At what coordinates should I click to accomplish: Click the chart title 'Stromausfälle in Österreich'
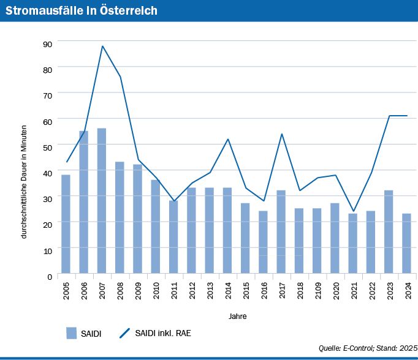(x=81, y=11)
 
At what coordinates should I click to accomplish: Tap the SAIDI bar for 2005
(x=66, y=224)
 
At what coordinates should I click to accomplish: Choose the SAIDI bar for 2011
(x=173, y=237)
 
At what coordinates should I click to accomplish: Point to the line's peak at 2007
(x=102, y=46)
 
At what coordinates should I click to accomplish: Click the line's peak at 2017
(x=281, y=134)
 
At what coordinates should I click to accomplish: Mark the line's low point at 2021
(x=353, y=211)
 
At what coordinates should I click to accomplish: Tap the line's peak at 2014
(x=227, y=139)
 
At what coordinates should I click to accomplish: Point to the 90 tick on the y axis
(x=47, y=43)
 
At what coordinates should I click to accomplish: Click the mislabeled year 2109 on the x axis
(x=317, y=290)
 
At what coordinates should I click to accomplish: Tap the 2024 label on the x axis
(x=407, y=290)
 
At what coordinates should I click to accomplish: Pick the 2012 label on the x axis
(x=192, y=290)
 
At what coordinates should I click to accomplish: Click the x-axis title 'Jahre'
(x=238, y=316)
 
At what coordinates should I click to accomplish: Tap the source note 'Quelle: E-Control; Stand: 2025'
(x=367, y=348)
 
